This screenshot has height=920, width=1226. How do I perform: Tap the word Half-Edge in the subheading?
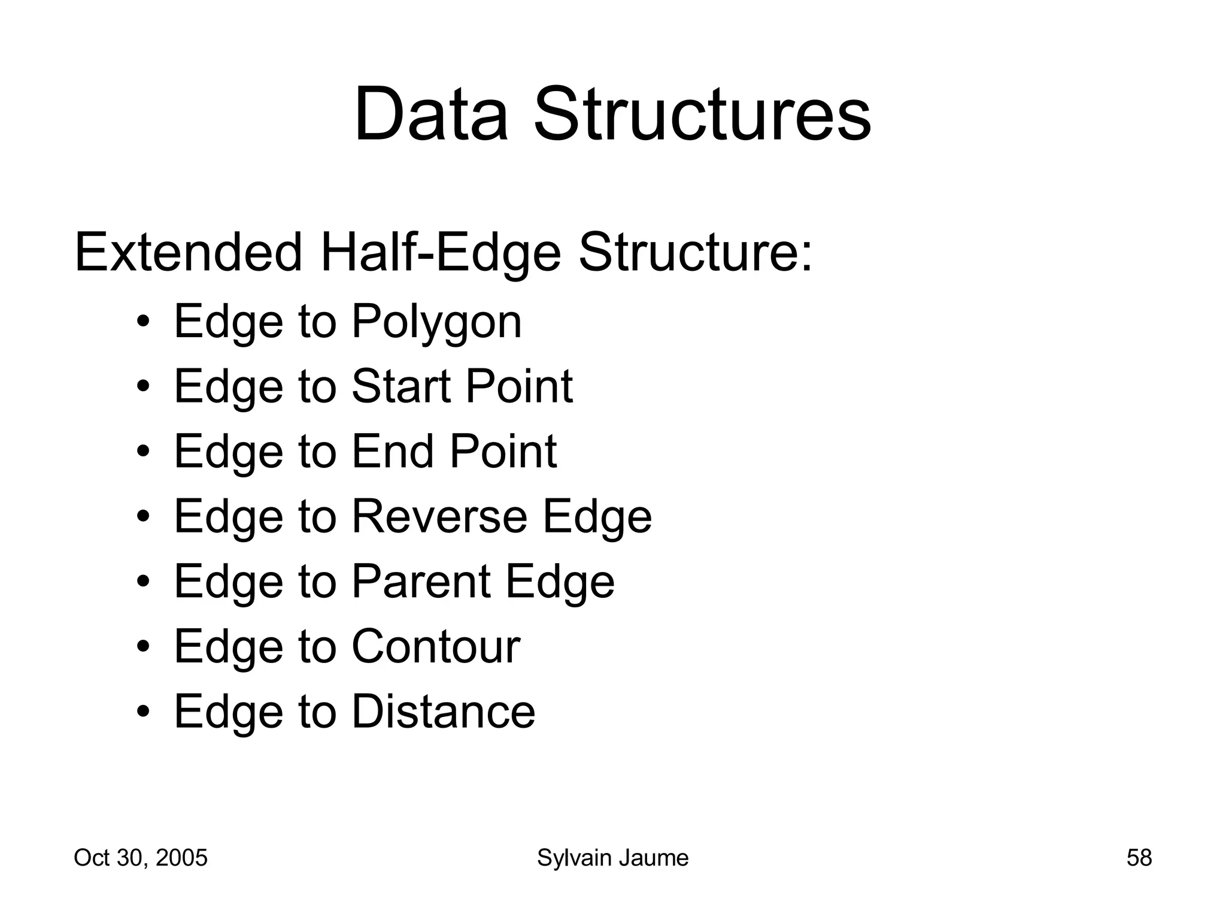pos(441,253)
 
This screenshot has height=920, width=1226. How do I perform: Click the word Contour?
pos(436,646)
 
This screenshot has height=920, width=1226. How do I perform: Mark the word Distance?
pos(444,712)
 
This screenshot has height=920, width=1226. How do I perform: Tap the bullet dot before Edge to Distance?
pos(142,712)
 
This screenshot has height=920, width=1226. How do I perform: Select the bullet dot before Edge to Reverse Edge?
pos(142,517)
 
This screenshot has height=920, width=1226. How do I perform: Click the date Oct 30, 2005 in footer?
pos(141,858)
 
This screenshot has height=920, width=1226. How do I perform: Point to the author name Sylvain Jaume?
pos(612,858)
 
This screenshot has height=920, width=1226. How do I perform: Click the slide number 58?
pos(1139,858)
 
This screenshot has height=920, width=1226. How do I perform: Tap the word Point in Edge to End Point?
pos(503,451)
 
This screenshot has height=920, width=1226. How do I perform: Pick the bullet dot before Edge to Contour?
pos(142,647)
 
